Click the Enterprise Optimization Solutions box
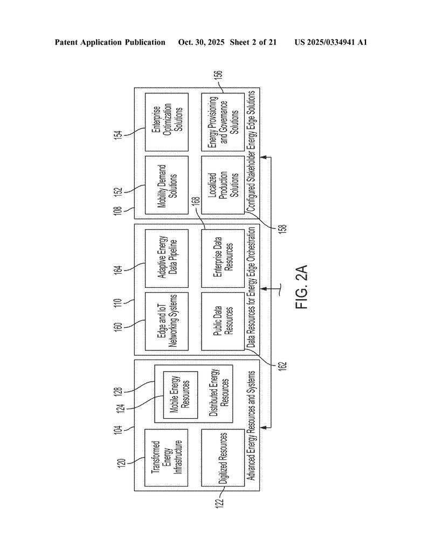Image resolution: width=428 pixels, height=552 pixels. point(166,121)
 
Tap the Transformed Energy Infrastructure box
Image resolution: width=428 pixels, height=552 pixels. point(166,459)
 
